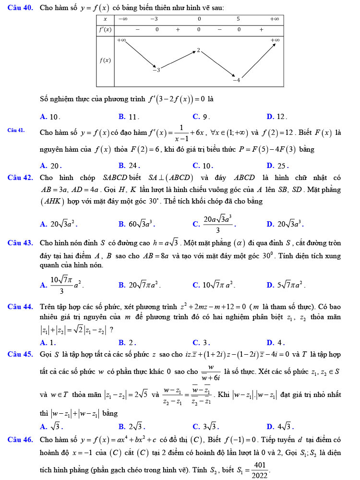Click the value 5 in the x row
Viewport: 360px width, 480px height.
click(x=238, y=19)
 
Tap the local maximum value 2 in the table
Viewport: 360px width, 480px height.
click(x=198, y=50)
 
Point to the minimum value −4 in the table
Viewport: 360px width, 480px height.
click(x=236, y=80)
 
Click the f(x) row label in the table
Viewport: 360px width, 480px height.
click(x=105, y=60)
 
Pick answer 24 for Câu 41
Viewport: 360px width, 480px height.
click(x=129, y=166)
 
